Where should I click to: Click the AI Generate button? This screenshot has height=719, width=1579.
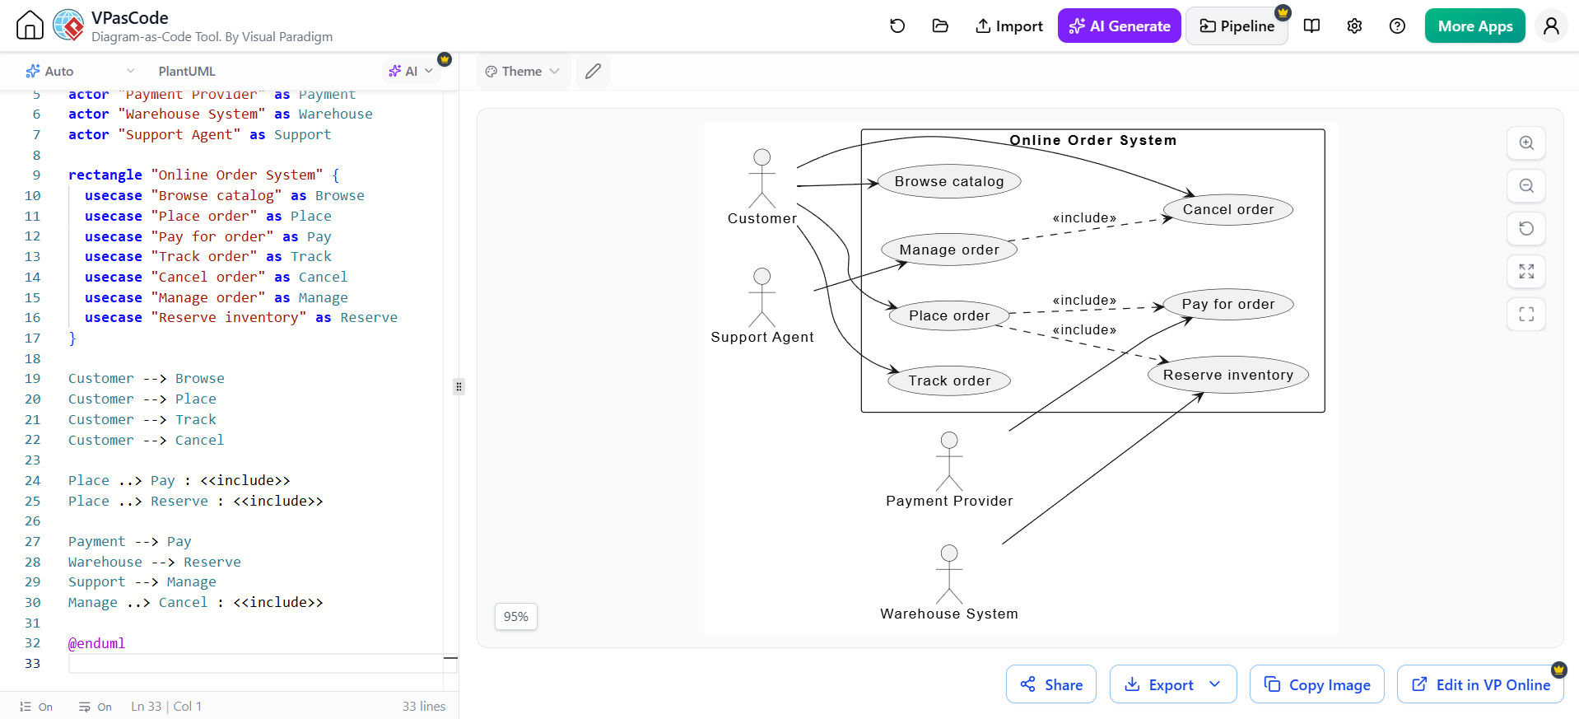pyautogui.click(x=1119, y=26)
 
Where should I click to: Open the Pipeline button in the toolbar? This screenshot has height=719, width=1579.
pyautogui.click(x=1237, y=26)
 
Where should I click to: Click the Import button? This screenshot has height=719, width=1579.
pyautogui.click(x=1008, y=26)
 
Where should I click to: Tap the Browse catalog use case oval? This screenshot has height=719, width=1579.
pyautogui.click(x=949, y=181)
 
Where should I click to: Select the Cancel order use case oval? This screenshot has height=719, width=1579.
pyautogui.click(x=1227, y=209)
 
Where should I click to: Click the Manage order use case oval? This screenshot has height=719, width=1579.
pyautogui.click(x=949, y=250)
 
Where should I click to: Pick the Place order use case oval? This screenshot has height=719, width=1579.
pyautogui.click(x=949, y=315)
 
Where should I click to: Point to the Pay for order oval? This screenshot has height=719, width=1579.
pyautogui.click(x=1227, y=304)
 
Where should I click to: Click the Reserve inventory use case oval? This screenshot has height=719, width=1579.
pyautogui.click(x=1227, y=375)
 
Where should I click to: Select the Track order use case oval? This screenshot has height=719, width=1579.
pyautogui.click(x=949, y=381)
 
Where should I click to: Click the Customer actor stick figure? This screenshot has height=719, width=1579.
pyautogui.click(x=762, y=178)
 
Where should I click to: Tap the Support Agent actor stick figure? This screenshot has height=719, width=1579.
pyautogui.click(x=762, y=297)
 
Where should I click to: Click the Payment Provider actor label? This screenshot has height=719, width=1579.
pyautogui.click(x=949, y=501)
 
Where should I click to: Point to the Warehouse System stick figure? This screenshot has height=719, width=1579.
pyautogui.click(x=949, y=574)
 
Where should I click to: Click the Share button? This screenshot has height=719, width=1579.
pyautogui.click(x=1051, y=684)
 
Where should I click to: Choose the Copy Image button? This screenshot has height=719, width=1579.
pyautogui.click(x=1317, y=684)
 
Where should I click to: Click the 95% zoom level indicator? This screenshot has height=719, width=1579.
pyautogui.click(x=516, y=616)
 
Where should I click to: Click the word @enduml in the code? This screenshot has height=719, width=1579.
pyautogui.click(x=96, y=643)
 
